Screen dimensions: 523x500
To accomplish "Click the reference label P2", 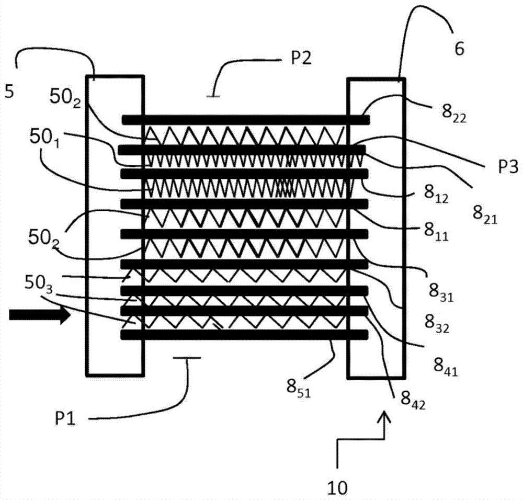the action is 301,58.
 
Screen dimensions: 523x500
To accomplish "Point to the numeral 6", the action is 459,49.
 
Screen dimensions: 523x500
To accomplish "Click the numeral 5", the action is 9,91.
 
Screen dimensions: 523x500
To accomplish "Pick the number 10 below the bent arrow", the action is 337,488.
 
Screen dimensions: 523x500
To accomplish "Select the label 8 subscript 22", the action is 454,114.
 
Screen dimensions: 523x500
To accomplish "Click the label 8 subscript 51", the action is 299,389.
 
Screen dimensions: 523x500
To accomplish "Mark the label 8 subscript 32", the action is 437,324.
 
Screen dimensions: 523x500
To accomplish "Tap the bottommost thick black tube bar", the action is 244,335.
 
